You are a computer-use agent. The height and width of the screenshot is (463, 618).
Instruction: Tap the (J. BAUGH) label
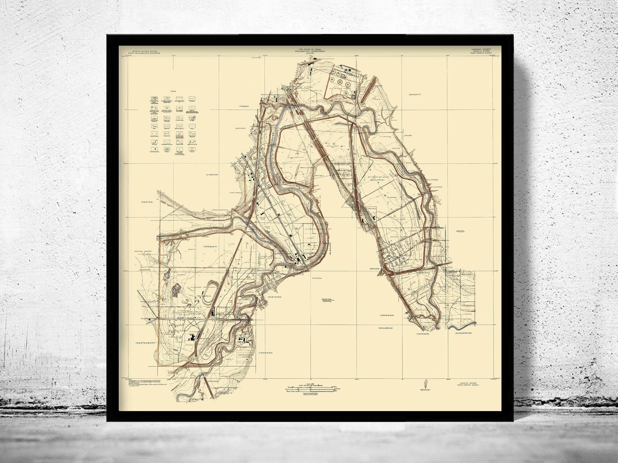(x=212, y=175)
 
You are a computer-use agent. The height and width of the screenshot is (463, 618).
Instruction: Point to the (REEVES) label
(x=147, y=202)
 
